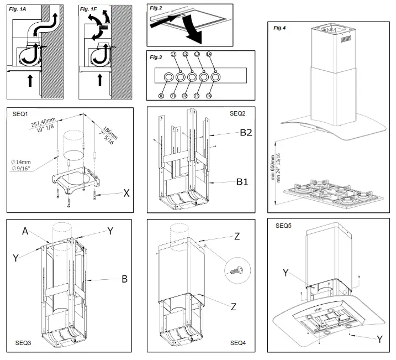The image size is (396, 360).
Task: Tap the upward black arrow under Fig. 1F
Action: pyautogui.click(x=100, y=80)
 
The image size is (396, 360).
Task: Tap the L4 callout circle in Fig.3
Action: pyautogui.click(x=216, y=54)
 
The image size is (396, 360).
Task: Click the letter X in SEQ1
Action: pyautogui.click(x=126, y=194)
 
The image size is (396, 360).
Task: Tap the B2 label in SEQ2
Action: pyautogui.click(x=246, y=133)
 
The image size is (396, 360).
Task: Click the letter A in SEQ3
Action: pyautogui.click(x=25, y=233)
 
